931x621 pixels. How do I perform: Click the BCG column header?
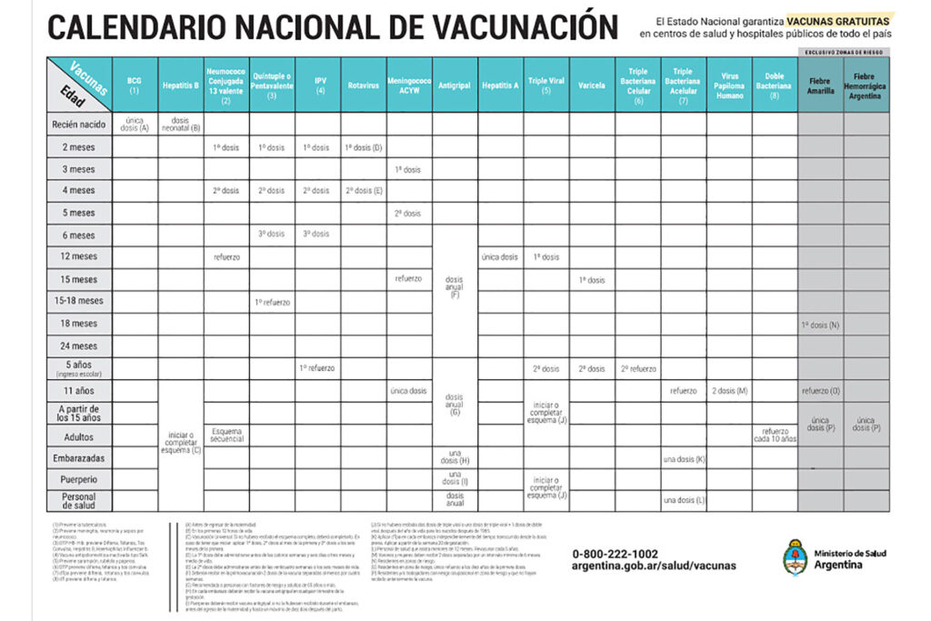(x=135, y=85)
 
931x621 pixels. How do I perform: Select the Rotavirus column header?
(x=364, y=85)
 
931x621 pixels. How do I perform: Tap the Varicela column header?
(x=592, y=85)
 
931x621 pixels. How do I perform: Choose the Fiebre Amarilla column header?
(x=821, y=85)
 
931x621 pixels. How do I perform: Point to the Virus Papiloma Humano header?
(x=729, y=85)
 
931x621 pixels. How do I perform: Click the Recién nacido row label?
(x=78, y=124)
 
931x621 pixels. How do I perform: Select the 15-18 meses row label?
(x=78, y=301)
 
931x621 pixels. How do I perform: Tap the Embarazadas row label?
(x=78, y=457)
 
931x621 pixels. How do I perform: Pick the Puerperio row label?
(x=78, y=479)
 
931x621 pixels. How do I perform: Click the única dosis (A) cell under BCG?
(x=135, y=124)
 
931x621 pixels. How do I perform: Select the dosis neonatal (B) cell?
(x=181, y=124)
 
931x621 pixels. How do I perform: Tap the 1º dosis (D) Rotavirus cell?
(x=364, y=147)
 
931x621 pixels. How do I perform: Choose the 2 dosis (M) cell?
(x=729, y=390)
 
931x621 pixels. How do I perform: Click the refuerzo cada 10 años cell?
(x=775, y=435)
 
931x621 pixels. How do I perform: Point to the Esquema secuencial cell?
(x=226, y=435)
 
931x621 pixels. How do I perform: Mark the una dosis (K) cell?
(x=684, y=458)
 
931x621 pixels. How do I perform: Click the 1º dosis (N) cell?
(x=821, y=324)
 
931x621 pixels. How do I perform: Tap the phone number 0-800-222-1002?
(x=616, y=553)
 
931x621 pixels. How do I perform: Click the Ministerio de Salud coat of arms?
(x=796, y=556)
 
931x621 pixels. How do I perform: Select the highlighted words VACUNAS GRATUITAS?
(x=840, y=19)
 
